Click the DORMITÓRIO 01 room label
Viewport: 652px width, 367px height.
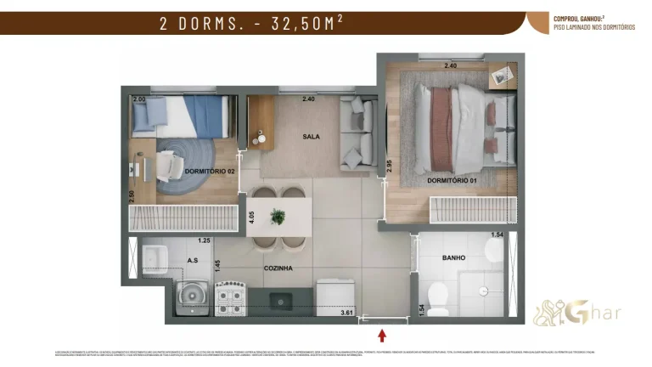pyautogui.click(x=452, y=180)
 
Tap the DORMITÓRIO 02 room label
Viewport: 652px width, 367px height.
pyautogui.click(x=209, y=172)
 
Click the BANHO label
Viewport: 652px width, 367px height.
pyautogui.click(x=453, y=257)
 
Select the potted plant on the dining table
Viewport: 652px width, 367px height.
pyautogui.click(x=278, y=217)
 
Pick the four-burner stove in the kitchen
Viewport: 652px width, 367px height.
pyautogui.click(x=231, y=296)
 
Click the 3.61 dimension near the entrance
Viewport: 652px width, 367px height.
pyautogui.click(x=346, y=313)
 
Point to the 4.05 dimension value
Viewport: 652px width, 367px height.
pyautogui.click(x=251, y=216)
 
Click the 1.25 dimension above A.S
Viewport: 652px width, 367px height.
pyautogui.click(x=203, y=240)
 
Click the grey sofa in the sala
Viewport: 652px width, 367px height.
pyautogui.click(x=357, y=135)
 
